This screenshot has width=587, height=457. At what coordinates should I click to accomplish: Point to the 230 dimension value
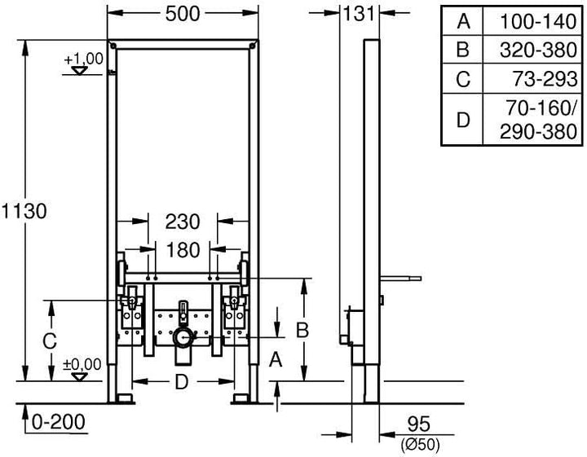click(x=183, y=221)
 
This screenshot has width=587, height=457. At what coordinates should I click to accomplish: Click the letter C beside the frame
click(x=50, y=337)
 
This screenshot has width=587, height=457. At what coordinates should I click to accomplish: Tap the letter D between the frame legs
click(x=183, y=380)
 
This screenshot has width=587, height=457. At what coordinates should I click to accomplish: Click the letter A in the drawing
click(x=276, y=359)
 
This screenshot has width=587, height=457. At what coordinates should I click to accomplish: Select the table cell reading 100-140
click(x=538, y=20)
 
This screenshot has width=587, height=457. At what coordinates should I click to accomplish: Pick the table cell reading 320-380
click(x=538, y=50)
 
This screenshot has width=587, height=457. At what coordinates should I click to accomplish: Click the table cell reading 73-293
click(x=538, y=79)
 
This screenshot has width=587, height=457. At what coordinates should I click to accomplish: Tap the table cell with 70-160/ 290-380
click(x=538, y=120)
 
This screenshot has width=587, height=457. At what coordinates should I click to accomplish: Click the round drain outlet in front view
click(x=185, y=336)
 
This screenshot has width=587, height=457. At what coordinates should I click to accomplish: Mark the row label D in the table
click(x=463, y=120)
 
